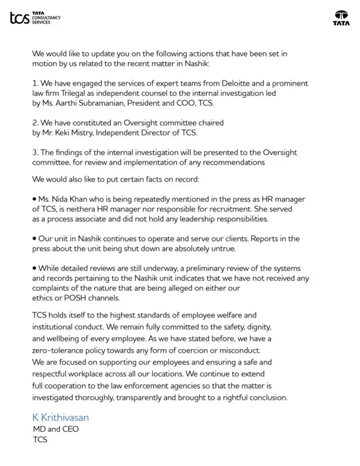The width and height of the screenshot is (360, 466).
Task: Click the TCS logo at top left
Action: click(35, 19)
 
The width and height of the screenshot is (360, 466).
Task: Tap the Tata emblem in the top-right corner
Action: click(341, 18)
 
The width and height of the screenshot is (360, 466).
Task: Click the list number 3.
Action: click(35, 153)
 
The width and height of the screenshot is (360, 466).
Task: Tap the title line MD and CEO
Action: click(56, 429)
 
